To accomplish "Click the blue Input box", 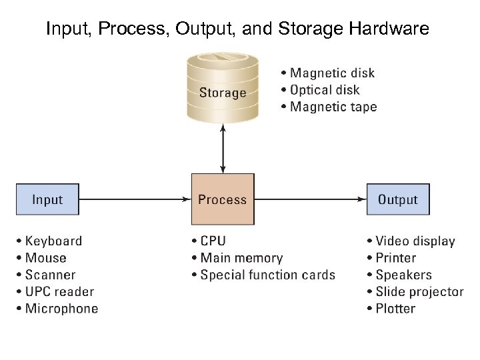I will [47, 199].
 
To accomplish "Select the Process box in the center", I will [223, 199].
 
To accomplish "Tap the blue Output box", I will [397, 199].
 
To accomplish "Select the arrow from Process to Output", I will [310, 199].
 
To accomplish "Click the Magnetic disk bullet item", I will [328, 73].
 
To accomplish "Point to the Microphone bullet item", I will [57, 309].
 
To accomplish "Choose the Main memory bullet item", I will [237, 258].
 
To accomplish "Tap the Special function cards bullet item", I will [263, 275].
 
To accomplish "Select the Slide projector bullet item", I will [415, 291].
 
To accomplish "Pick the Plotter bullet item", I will [391, 309].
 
